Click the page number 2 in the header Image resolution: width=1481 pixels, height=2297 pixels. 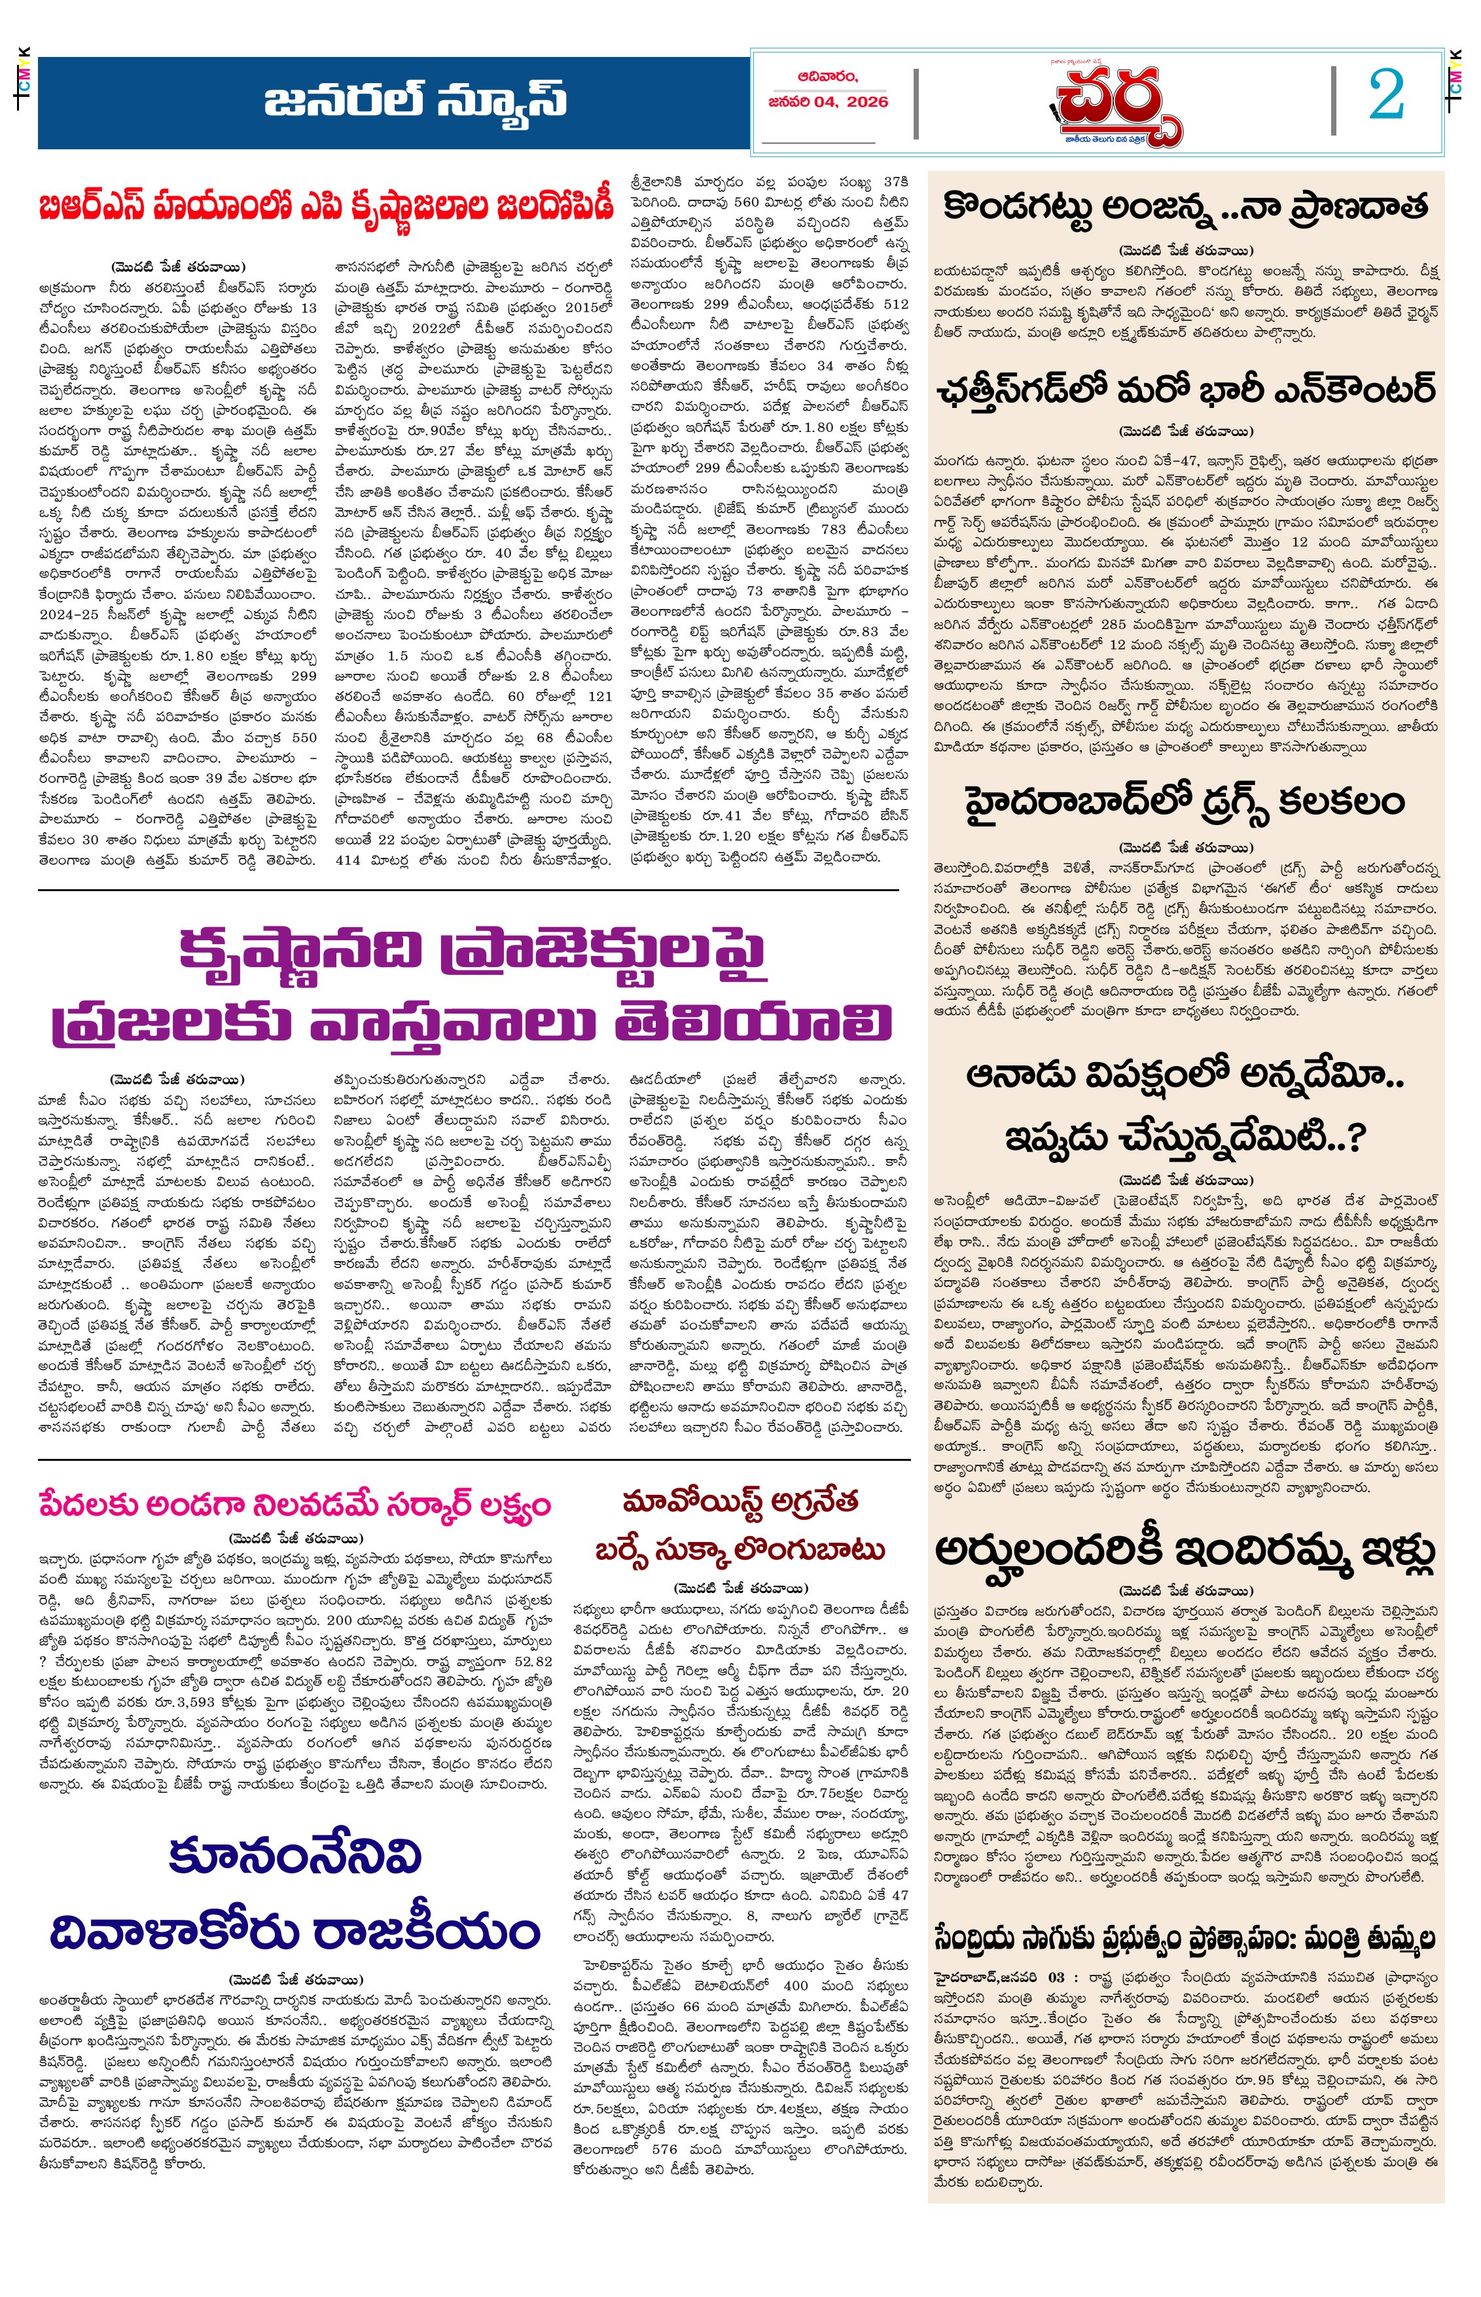(1386, 96)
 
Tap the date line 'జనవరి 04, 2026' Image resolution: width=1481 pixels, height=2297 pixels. (828, 102)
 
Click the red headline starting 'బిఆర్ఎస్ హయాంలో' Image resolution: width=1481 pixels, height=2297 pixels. (325, 207)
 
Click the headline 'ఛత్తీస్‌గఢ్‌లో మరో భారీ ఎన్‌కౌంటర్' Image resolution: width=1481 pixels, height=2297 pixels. (1185, 390)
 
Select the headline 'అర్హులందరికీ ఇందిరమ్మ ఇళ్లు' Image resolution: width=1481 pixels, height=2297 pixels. (1185, 1551)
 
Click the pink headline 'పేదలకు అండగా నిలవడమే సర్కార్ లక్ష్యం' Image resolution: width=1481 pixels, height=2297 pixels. (294, 1505)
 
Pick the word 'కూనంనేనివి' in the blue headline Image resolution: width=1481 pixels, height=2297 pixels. (294, 1856)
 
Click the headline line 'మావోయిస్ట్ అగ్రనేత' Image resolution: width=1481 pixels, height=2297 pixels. (740, 1501)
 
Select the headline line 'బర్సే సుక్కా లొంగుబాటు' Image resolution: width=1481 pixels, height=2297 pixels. (740, 1551)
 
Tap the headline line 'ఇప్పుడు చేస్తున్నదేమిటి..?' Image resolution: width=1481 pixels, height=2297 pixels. (1185, 1137)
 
